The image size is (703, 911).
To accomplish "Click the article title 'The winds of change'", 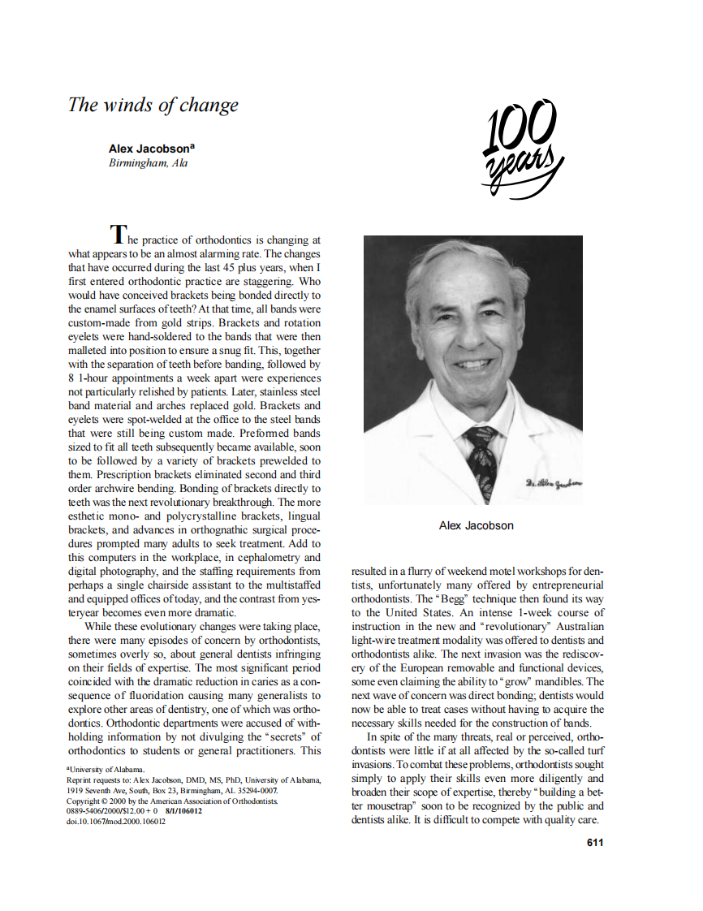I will [x=153, y=106].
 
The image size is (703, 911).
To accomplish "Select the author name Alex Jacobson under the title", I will [x=149, y=149].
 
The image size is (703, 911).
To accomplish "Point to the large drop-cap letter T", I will [x=119, y=235].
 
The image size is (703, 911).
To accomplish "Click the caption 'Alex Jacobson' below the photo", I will [x=476, y=525].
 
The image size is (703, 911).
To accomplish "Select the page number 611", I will [x=594, y=842].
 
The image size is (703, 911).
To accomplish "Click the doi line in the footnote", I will [x=116, y=821].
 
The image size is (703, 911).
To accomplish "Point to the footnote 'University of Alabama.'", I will [x=106, y=768].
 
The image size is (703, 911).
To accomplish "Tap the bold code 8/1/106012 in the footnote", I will [x=183, y=810].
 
